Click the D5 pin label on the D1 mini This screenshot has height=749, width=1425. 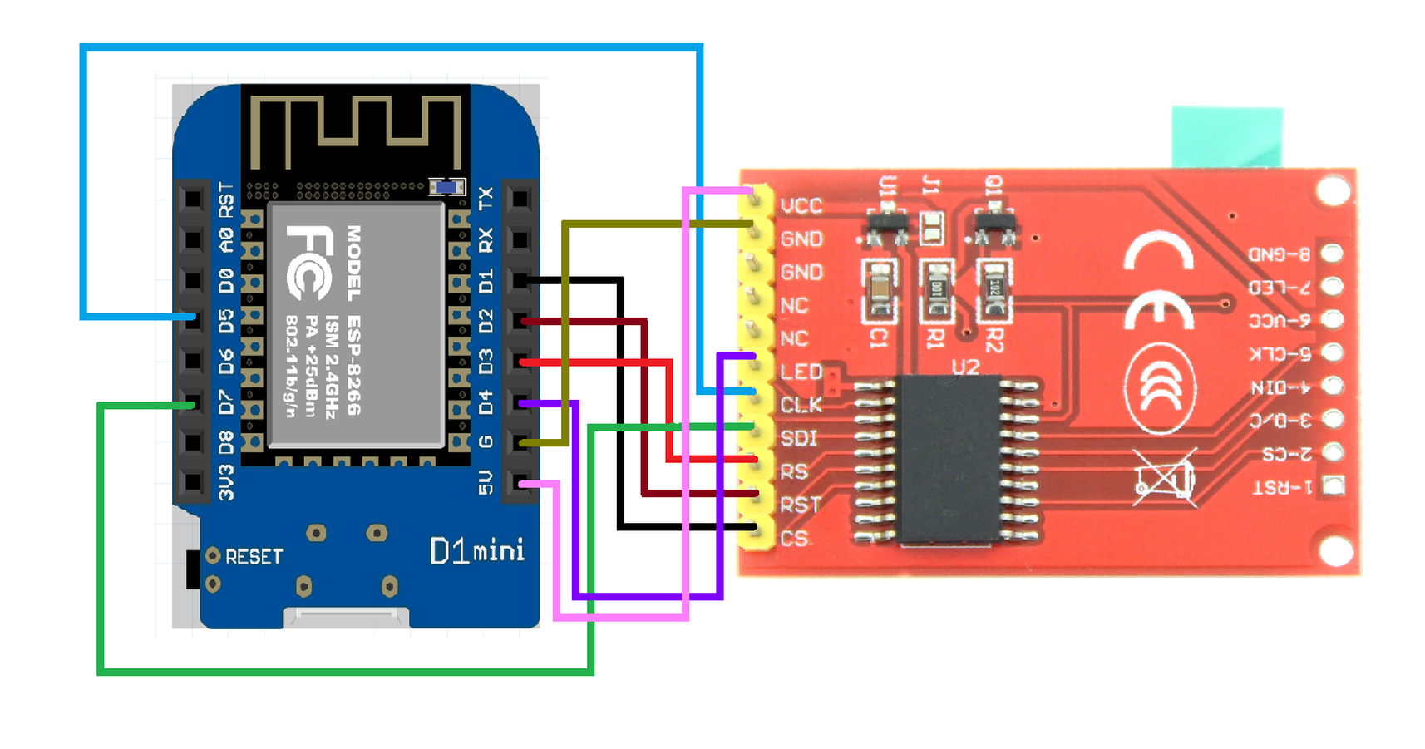tap(225, 321)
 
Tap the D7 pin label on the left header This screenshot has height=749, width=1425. tap(225, 403)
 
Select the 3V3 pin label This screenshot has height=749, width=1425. tap(225, 483)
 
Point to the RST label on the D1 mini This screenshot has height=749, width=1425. tap(225, 200)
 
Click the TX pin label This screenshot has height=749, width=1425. tap(486, 199)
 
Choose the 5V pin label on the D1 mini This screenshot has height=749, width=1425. tap(486, 482)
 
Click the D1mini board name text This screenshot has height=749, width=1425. tap(477, 551)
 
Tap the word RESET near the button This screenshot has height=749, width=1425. tap(254, 556)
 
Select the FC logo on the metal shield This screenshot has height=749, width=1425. tap(309, 263)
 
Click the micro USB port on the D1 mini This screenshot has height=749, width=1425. tap(346, 616)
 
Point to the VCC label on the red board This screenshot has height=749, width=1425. tap(801, 205)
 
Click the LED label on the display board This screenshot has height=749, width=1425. tap(801, 372)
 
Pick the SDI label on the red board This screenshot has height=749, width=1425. tap(799, 438)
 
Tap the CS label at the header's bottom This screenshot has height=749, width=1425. tap(794, 539)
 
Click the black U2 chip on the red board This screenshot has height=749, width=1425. tap(949, 459)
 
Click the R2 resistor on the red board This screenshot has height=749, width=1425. tap(994, 288)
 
